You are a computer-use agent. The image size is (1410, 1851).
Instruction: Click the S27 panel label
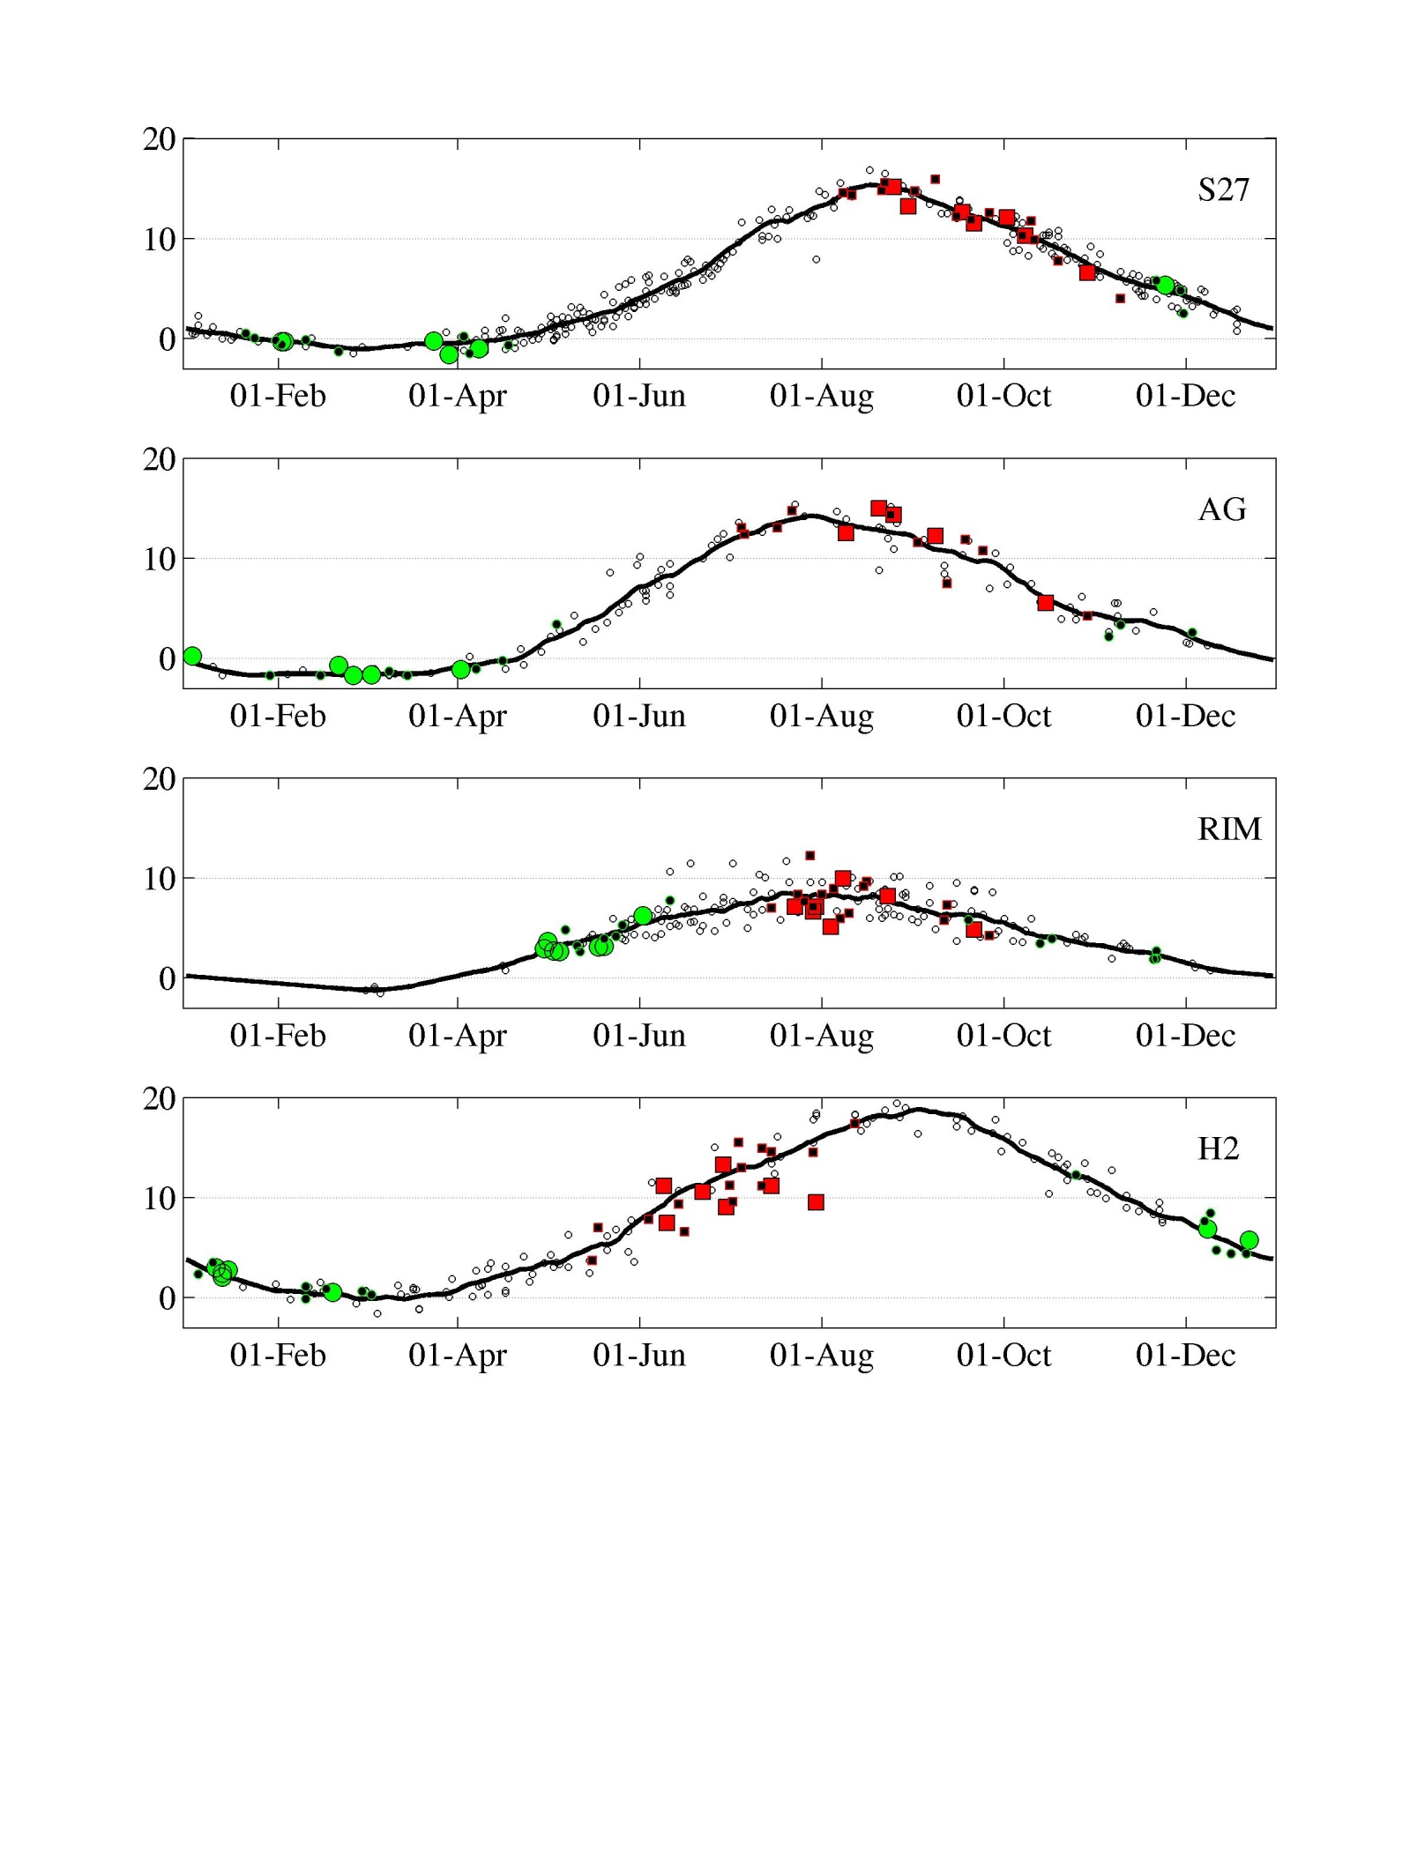tap(1223, 190)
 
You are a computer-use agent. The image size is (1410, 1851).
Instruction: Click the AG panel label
tap(1222, 509)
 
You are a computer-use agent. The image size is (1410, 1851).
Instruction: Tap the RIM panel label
tap(1229, 829)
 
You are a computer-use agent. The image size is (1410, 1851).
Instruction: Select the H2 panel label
tap(1218, 1149)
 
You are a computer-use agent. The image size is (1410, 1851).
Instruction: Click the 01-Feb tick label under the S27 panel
tap(278, 396)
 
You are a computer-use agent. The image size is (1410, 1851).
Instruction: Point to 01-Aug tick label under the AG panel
tap(822, 716)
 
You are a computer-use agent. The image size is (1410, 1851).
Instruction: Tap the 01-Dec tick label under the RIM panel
tap(1185, 1036)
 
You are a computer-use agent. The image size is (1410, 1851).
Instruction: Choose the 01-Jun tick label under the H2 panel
tap(639, 1355)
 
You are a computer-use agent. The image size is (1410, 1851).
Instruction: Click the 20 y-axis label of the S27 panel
tap(160, 139)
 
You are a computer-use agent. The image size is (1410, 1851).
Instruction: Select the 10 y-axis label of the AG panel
tap(160, 559)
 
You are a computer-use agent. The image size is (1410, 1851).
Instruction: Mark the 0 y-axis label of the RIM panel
tap(168, 978)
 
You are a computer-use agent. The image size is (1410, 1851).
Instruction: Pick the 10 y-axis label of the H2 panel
tap(160, 1199)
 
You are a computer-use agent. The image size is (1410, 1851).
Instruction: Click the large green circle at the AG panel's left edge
tap(192, 656)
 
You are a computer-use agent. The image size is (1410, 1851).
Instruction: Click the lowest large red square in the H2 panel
tap(816, 1202)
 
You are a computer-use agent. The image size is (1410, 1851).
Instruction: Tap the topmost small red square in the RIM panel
tap(810, 856)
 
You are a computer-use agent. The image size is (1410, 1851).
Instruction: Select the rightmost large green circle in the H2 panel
tap(1249, 1240)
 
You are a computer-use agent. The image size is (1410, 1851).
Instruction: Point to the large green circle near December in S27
tap(1166, 285)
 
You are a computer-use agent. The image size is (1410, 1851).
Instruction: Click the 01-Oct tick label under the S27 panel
tap(1003, 396)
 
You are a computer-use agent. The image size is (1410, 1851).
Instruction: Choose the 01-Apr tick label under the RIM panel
tap(457, 1036)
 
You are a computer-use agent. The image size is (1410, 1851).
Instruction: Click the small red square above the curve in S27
tap(935, 179)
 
